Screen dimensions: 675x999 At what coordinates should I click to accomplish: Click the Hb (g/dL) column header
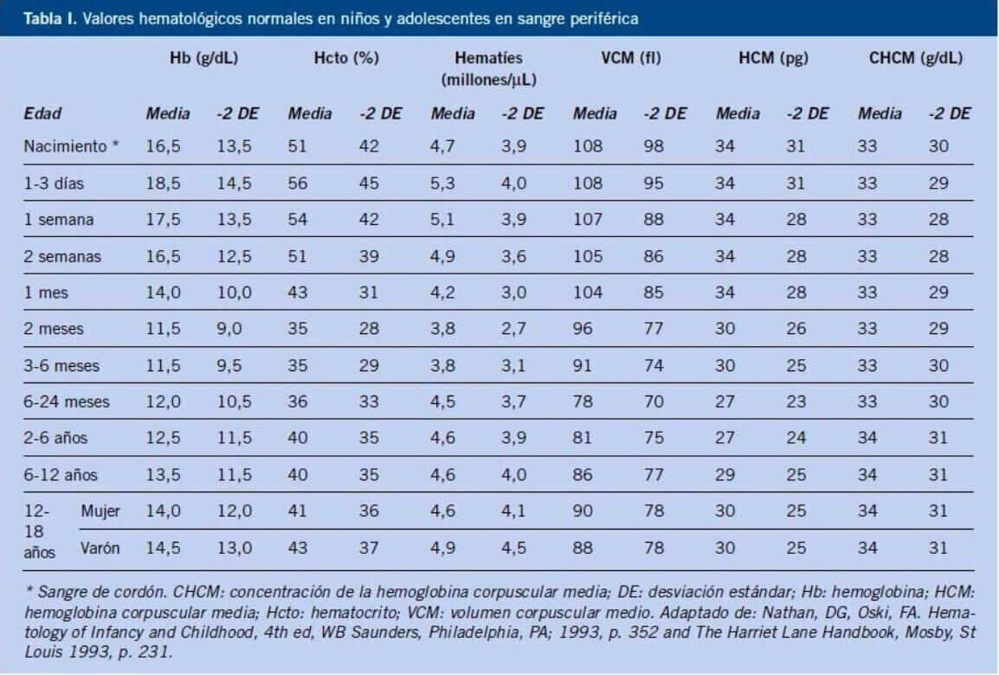(204, 59)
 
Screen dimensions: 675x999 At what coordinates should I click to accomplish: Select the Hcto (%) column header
(346, 59)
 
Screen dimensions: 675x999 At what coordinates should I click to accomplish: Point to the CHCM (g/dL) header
(916, 59)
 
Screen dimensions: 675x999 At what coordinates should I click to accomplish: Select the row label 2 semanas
(62, 256)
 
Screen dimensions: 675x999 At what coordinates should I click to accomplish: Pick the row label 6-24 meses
(68, 402)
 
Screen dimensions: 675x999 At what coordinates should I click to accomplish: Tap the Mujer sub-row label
(100, 511)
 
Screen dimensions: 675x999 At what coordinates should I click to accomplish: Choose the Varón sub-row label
(100, 548)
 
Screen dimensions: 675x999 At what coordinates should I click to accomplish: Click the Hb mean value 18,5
(163, 183)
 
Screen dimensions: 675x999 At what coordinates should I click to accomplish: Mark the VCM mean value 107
(588, 220)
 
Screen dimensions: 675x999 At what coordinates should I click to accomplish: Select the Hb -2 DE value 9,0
(229, 329)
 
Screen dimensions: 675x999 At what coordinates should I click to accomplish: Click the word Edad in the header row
(42, 113)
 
